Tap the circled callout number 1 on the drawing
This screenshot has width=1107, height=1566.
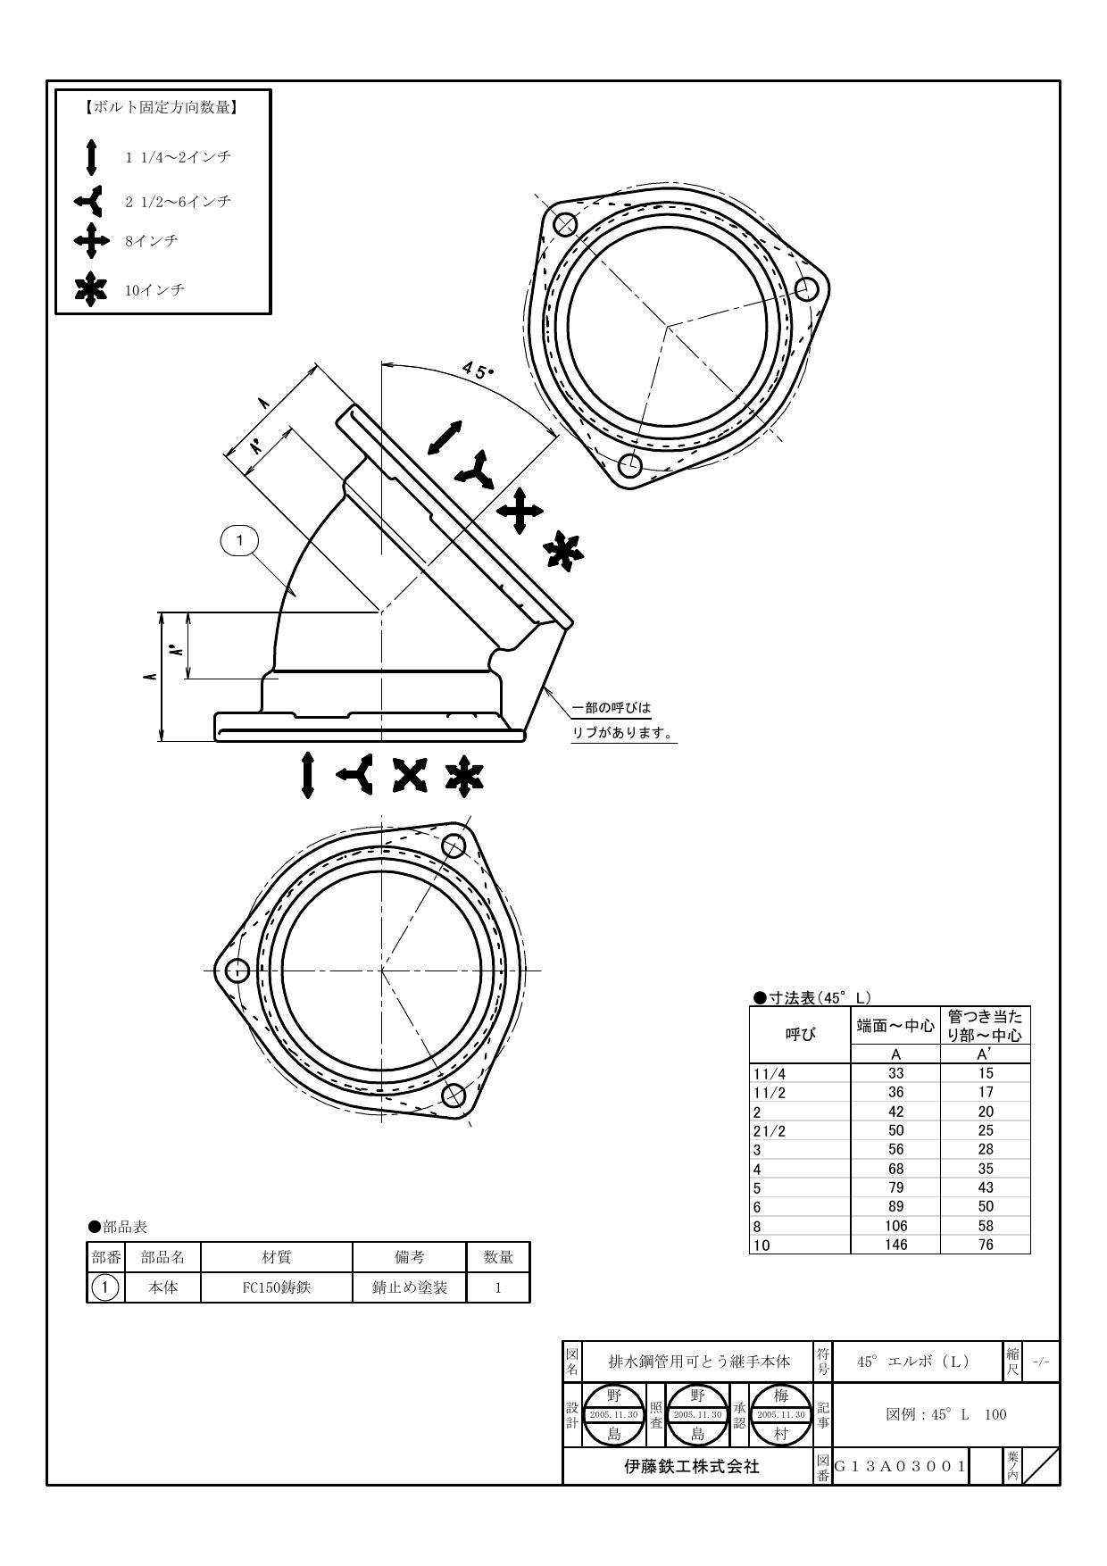pos(239,540)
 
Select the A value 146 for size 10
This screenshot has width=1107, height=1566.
pos(895,1244)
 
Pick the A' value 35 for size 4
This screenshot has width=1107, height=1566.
pos(985,1168)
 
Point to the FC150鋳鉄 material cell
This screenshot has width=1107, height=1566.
pos(277,1287)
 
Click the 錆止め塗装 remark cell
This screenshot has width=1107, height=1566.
pos(410,1287)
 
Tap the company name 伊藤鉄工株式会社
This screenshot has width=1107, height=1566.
pos(691,1465)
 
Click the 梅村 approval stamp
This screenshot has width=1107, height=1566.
pos(780,1414)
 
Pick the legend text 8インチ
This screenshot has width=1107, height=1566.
pos(152,241)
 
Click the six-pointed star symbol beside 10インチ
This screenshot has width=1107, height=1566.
pos(90,290)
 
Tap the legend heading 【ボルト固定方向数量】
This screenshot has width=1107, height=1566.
pos(162,108)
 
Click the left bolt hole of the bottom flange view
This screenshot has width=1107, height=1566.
pos(237,970)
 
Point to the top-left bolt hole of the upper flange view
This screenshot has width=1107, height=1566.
pos(565,224)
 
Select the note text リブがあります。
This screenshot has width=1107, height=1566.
pos(622,733)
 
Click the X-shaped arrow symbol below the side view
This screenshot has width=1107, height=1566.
pos(410,775)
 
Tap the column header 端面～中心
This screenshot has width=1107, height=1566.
pos(895,1026)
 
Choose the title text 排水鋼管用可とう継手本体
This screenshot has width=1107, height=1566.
pos(699,1362)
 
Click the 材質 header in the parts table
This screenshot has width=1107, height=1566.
pos(277,1257)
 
